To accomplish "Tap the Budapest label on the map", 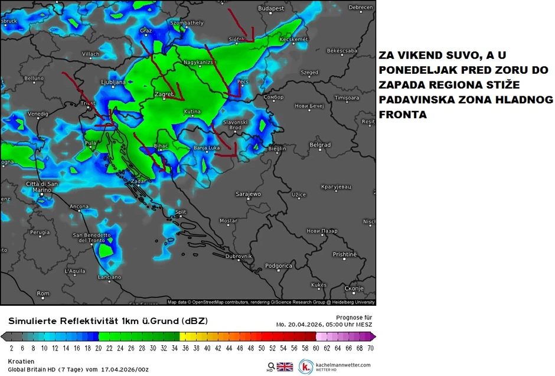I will pyautogui.click(x=271, y=8).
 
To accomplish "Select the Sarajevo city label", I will pyautogui.click(x=248, y=194).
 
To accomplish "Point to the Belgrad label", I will pyautogui.click(x=320, y=145).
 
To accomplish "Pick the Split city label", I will pyautogui.click(x=181, y=212).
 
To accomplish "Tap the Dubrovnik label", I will pyautogui.click(x=239, y=256).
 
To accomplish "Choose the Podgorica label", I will pyautogui.click(x=278, y=266).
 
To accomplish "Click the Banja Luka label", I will pyautogui.click(x=207, y=148).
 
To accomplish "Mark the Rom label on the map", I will pyautogui.click(x=43, y=293).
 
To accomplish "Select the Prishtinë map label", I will pyautogui.click(x=344, y=254).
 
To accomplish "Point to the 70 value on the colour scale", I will pyautogui.click(x=370, y=349).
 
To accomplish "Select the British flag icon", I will pyautogui.click(x=285, y=367).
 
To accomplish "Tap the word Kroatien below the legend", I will pyautogui.click(x=21, y=361).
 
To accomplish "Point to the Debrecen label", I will pyautogui.click(x=361, y=8).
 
